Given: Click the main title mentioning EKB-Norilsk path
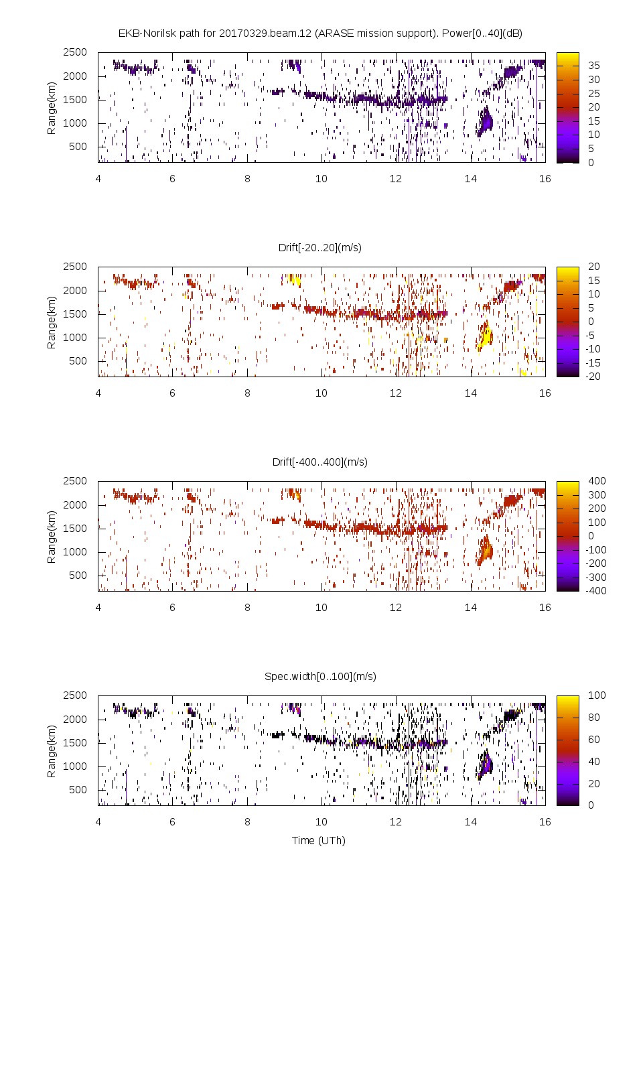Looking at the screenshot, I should pyautogui.click(x=320, y=33).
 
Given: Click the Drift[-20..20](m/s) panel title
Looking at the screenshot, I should pyautogui.click(x=320, y=247).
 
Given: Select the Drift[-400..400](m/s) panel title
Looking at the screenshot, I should pyautogui.click(x=320, y=462).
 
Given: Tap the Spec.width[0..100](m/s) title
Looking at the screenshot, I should pyautogui.click(x=320, y=676).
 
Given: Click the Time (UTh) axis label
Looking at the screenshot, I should pyautogui.click(x=318, y=840).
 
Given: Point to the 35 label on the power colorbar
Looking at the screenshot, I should pyautogui.click(x=594, y=66).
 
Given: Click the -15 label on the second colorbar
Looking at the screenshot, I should pyautogui.click(x=594, y=362).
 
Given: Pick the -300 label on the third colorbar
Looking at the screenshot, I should pyautogui.click(x=596, y=577).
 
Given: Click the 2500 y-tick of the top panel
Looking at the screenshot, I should pyautogui.click(x=75, y=52).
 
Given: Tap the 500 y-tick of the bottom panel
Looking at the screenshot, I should pyautogui.click(x=78, y=789).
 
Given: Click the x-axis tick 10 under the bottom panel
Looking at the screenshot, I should pyautogui.click(x=321, y=821).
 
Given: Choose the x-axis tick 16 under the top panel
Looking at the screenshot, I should pyautogui.click(x=545, y=178).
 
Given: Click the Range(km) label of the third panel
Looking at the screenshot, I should pyautogui.click(x=52, y=536).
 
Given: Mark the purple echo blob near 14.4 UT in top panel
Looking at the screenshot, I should pyautogui.click(x=486, y=121).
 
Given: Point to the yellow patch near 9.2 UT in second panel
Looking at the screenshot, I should pyautogui.click(x=293, y=279).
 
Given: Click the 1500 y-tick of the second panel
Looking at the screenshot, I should pyautogui.click(x=75, y=314).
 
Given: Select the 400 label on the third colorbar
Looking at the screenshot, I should pyautogui.click(x=596, y=481).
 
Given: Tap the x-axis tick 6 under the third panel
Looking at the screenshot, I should pyautogui.click(x=172, y=607).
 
